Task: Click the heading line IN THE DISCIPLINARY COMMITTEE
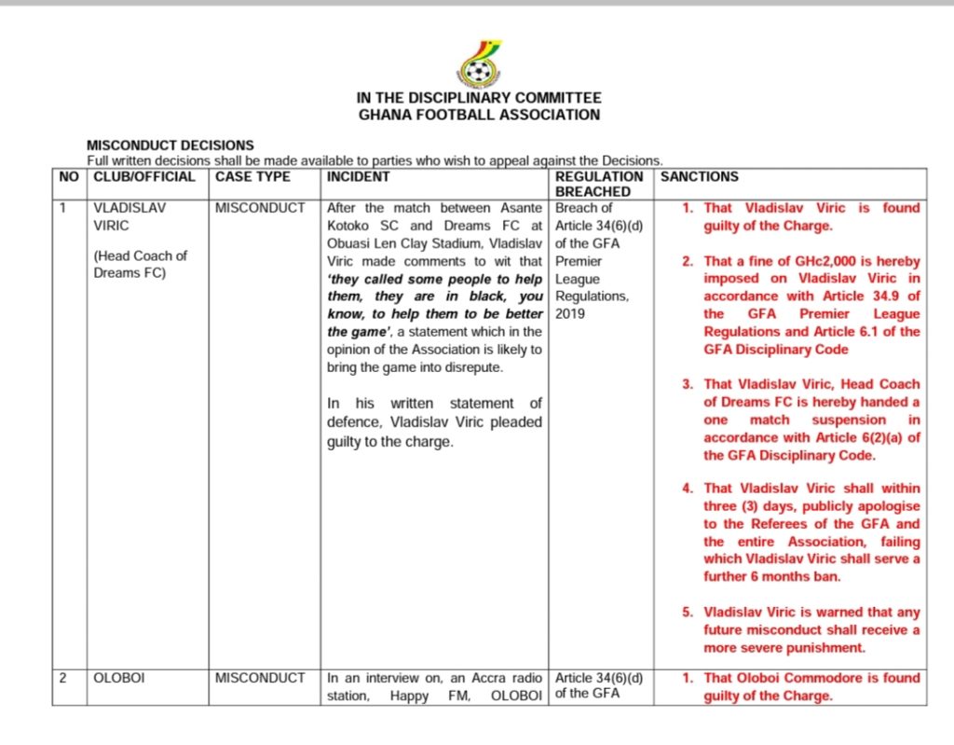pyautogui.click(x=479, y=98)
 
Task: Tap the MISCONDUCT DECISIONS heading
pyautogui.click(x=170, y=145)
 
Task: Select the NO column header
pyautogui.click(x=69, y=176)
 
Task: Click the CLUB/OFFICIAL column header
pyautogui.click(x=144, y=176)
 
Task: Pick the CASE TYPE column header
pyautogui.click(x=252, y=176)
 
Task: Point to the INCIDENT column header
pyautogui.click(x=358, y=176)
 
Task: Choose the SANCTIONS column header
pyautogui.click(x=699, y=176)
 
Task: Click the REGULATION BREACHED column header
pyautogui.click(x=599, y=184)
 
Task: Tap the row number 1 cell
pyautogui.click(x=62, y=208)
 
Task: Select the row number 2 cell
pyautogui.click(x=62, y=678)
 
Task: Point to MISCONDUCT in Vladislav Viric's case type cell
pyautogui.click(x=260, y=208)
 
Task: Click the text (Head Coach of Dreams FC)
pyautogui.click(x=141, y=264)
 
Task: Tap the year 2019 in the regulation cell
pyautogui.click(x=569, y=314)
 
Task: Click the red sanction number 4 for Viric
pyautogui.click(x=687, y=489)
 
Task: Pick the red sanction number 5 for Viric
pyautogui.click(x=687, y=613)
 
